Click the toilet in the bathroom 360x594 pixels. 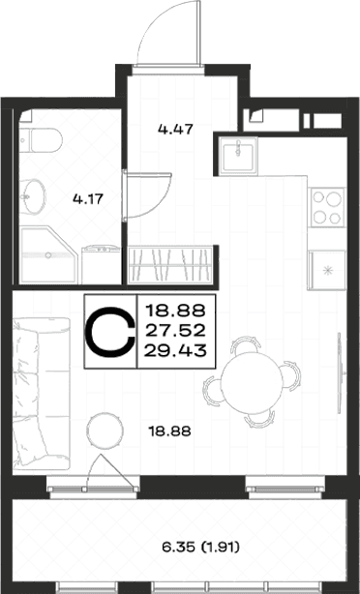click(x=41, y=140)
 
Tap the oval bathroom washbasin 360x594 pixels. click(x=33, y=197)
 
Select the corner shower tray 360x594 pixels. click(x=48, y=255)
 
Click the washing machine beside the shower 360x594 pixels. click(x=102, y=264)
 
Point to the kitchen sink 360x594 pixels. click(x=239, y=156)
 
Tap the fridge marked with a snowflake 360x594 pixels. click(x=327, y=270)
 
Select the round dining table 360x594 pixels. click(x=252, y=382)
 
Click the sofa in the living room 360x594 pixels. click(x=41, y=394)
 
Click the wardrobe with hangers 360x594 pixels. click(x=170, y=265)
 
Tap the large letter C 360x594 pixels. click(x=110, y=332)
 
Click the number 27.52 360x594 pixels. click(x=175, y=331)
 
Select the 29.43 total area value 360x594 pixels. click(x=175, y=351)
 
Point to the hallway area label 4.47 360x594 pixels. click(x=175, y=130)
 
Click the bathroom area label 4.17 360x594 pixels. click(x=88, y=198)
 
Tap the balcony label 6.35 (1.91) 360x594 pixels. click(x=201, y=547)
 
